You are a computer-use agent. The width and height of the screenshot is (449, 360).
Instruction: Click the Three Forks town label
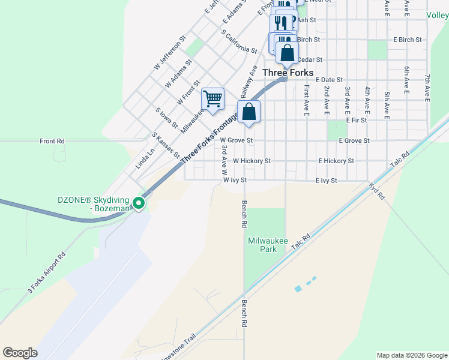coord(288,73)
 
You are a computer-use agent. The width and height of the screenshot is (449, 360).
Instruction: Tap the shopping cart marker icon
coord(212,98)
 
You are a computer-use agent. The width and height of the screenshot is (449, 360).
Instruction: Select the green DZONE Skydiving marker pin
coord(139,204)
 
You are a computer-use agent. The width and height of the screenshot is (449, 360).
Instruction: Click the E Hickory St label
coord(336,161)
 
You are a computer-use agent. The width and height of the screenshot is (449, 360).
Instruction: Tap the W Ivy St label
coord(235,179)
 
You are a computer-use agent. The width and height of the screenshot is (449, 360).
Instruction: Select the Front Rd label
coord(52,141)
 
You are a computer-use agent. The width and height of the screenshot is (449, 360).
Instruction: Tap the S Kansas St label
coord(166,145)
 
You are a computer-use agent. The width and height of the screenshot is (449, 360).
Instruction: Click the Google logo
coord(20,353)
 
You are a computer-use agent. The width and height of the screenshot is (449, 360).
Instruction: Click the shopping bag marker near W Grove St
coord(249,112)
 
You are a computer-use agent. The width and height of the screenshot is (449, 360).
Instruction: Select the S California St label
coord(239,42)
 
